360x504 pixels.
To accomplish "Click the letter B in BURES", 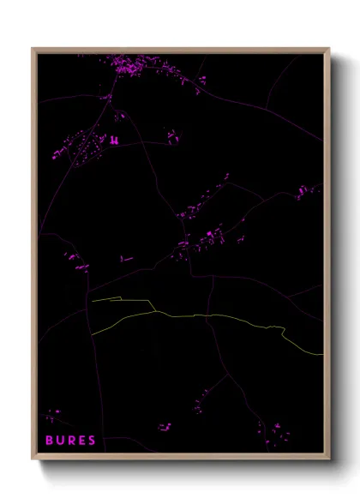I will (50, 441).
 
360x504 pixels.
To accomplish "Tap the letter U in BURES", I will (60, 441).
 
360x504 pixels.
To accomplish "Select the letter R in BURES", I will (71, 441).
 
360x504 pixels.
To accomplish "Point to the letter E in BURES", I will (81, 441).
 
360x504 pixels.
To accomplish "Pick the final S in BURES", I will (92, 441).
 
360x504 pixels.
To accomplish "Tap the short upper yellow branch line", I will (120, 299).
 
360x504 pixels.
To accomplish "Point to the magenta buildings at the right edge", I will (306, 191).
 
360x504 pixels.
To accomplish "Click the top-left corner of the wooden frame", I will (33, 50).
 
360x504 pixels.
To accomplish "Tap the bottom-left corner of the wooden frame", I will (33, 458).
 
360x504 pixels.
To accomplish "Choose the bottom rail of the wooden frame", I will (180, 457).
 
